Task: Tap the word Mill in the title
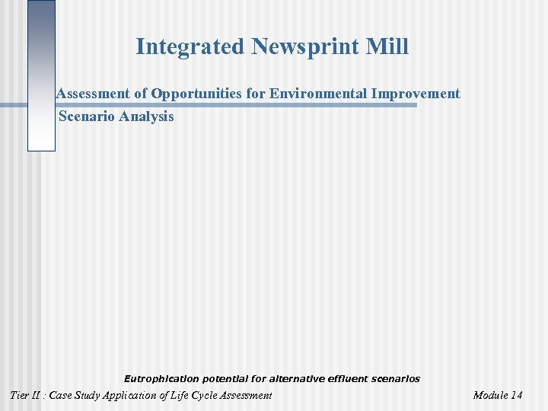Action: click(x=388, y=47)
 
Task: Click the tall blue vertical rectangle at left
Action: click(x=41, y=76)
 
